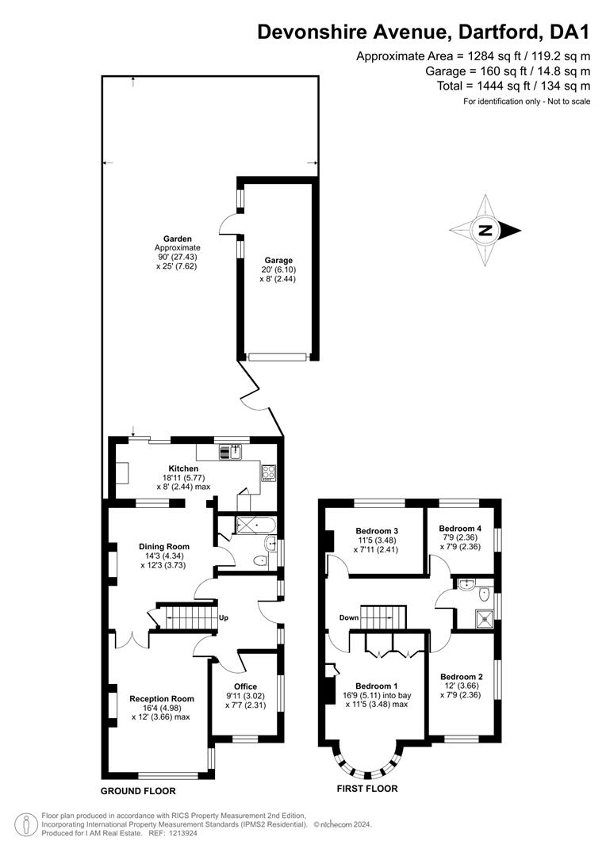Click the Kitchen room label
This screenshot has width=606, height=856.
tap(183, 468)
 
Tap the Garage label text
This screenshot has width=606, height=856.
tap(278, 261)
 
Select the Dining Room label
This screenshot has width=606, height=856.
tap(164, 546)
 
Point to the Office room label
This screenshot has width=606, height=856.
tap(245, 686)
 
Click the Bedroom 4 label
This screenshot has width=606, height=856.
tap(460, 529)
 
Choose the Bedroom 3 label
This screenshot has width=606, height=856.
tap(377, 530)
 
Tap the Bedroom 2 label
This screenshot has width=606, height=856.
tap(462, 677)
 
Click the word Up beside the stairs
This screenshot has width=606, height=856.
tap(224, 618)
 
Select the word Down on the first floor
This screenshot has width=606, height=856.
tap(349, 618)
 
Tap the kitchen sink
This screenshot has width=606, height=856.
tap(231, 452)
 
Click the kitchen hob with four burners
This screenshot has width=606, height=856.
tap(269, 472)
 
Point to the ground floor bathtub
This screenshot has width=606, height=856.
tap(255, 525)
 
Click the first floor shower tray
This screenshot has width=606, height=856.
tap(484, 617)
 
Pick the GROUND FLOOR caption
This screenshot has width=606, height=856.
tap(138, 791)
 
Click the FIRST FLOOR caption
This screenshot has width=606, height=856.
tap(367, 789)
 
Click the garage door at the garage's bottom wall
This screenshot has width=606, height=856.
tap(277, 357)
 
